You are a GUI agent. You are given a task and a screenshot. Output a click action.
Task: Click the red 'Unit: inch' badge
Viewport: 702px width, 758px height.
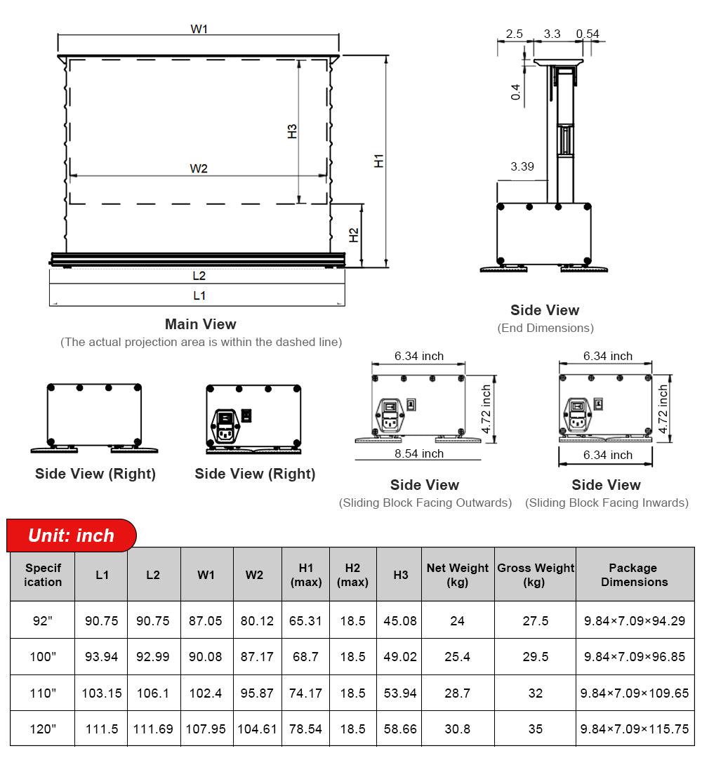(71, 536)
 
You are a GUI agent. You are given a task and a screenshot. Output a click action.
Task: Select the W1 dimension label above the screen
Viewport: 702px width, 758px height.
(199, 29)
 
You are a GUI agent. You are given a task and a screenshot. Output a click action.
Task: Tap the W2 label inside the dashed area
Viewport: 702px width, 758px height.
(199, 168)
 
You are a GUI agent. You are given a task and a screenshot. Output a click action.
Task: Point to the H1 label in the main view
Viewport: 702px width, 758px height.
(379, 160)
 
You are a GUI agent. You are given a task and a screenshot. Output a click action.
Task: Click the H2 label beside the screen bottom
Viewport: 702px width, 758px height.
(355, 235)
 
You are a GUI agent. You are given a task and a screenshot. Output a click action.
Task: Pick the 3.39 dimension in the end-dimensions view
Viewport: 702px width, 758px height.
(522, 166)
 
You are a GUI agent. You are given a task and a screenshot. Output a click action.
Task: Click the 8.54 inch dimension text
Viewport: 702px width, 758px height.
(419, 453)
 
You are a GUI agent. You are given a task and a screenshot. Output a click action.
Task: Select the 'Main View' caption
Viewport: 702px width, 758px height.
(200, 324)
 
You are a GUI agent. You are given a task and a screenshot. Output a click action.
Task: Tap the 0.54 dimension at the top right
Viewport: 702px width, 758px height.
(588, 34)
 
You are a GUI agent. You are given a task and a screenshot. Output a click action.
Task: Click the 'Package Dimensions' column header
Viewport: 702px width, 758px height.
(634, 575)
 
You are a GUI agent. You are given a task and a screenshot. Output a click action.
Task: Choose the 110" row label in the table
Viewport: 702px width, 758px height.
(43, 693)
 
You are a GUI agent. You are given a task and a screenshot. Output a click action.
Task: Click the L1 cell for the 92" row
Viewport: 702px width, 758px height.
(102, 620)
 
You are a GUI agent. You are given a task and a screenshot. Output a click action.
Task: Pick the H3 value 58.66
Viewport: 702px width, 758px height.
(400, 729)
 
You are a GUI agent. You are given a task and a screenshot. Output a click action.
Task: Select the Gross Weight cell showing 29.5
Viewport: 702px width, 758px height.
(535, 657)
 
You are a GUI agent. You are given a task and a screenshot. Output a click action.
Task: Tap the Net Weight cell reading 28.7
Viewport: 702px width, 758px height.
(458, 693)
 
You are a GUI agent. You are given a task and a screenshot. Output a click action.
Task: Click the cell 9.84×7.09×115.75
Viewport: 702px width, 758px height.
(635, 729)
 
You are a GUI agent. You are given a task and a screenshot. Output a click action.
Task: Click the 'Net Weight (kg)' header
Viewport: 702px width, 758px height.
(458, 575)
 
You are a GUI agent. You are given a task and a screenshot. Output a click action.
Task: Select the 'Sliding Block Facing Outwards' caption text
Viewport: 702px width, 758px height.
(425, 503)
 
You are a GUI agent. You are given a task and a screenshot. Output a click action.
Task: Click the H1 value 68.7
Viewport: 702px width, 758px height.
(305, 657)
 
